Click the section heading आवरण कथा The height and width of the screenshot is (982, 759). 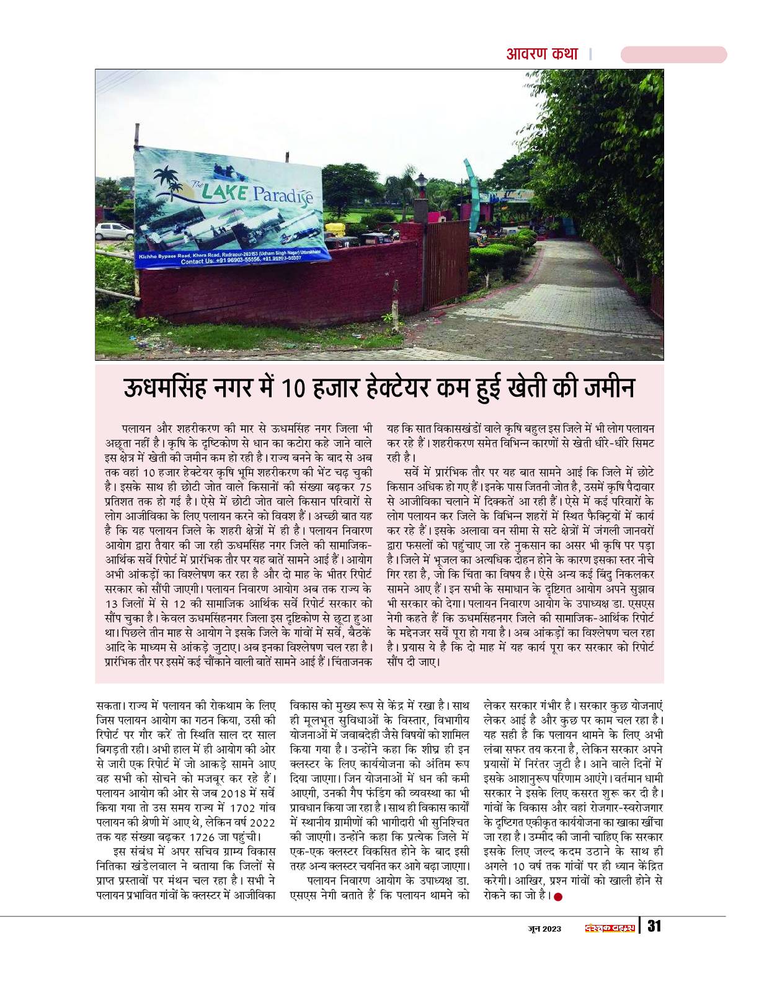pyautogui.click(x=541, y=54)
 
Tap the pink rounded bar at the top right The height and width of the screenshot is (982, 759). pyautogui.click(x=673, y=55)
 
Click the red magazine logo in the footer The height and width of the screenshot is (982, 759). pyautogui.click(x=610, y=927)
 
